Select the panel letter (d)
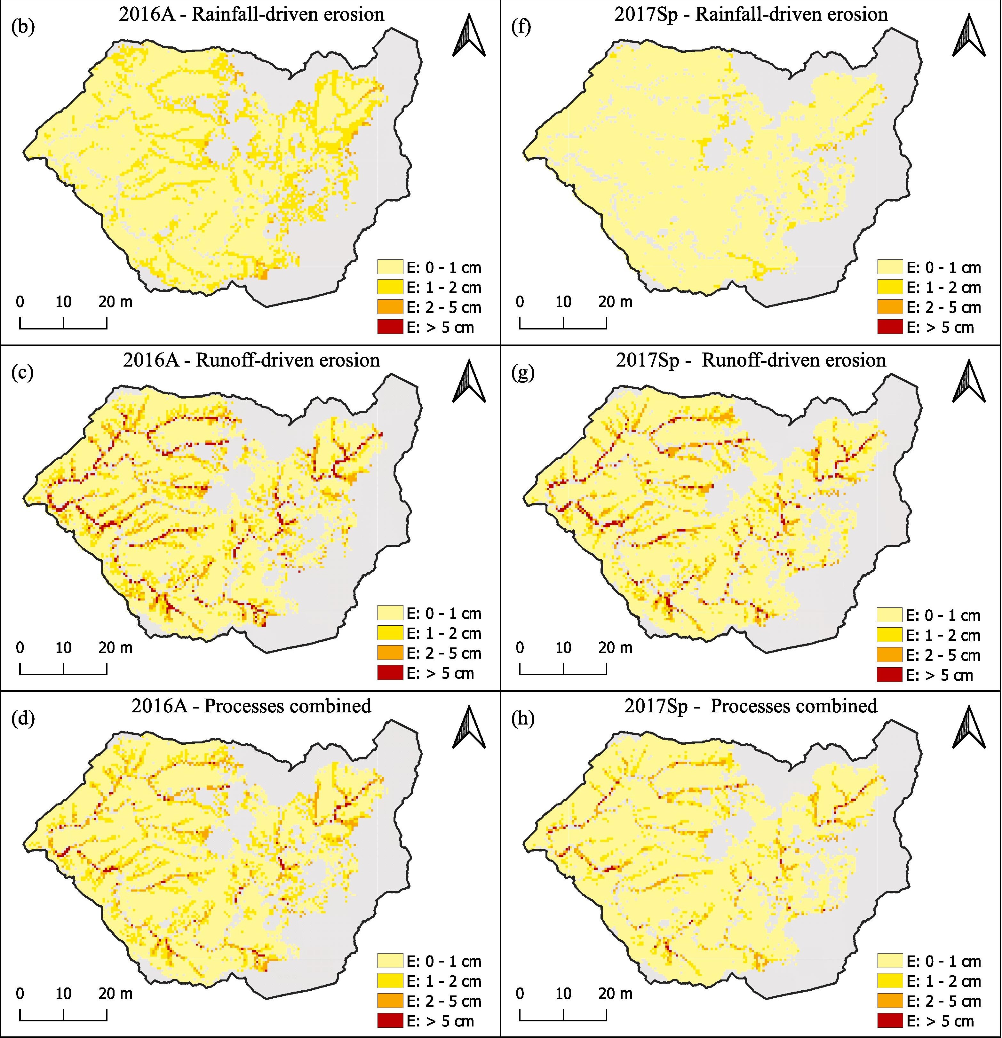[23, 719]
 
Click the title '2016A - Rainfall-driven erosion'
[251, 14]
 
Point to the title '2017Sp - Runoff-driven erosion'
[751, 361]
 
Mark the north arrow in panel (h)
[969, 727]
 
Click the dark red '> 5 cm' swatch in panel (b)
[390, 327]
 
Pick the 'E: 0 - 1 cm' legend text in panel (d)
[443, 961]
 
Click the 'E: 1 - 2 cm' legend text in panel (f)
[943, 288]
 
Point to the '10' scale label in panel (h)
[563, 994]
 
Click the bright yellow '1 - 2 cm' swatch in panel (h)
[890, 981]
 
